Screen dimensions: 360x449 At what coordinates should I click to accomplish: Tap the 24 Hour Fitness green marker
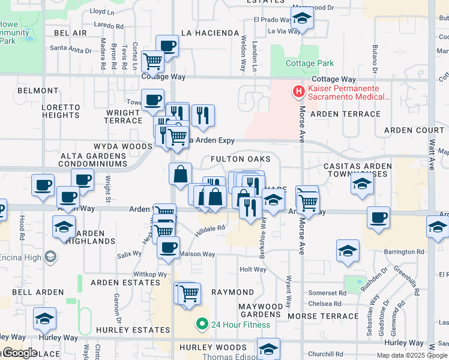pos(202,325)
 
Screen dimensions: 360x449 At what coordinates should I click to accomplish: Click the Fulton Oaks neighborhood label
pos(241,159)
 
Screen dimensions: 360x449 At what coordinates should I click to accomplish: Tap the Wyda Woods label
pos(123,146)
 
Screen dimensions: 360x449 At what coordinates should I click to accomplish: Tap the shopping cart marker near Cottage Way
pos(153,60)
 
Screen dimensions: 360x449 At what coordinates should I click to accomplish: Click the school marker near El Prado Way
pos(302,19)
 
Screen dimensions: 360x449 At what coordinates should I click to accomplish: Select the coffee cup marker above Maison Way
pos(168,247)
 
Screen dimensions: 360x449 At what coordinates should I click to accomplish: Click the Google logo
pos(19,353)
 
